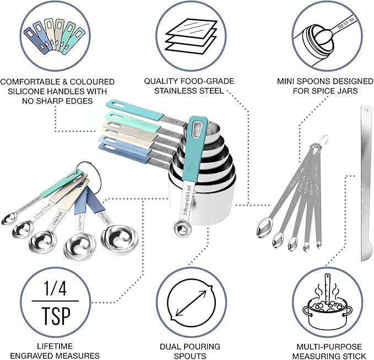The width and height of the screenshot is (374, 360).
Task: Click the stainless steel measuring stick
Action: pyautogui.click(x=367, y=182)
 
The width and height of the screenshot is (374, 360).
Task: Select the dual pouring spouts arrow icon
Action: pyautogui.click(x=189, y=305)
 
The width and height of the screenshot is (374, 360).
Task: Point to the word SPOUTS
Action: pyautogui.click(x=189, y=356)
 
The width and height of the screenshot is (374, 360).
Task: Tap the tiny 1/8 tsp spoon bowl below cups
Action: pyautogui.click(x=178, y=227)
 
